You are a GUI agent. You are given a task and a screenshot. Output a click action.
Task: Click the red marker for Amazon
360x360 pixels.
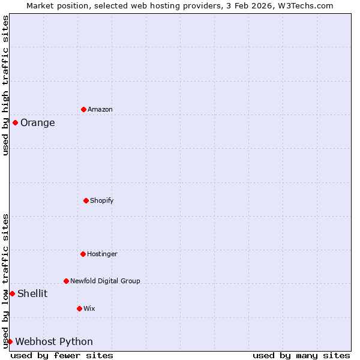(x=83, y=109)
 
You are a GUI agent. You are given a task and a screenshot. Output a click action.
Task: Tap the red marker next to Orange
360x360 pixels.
(x=15, y=122)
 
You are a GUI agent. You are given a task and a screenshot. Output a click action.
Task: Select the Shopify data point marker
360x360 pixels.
(x=86, y=200)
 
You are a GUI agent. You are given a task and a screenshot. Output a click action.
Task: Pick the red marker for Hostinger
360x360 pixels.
(x=83, y=254)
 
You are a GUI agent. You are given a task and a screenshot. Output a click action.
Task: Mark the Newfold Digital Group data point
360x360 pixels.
(x=66, y=281)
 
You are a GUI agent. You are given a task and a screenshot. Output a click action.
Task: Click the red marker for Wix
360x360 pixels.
(x=79, y=308)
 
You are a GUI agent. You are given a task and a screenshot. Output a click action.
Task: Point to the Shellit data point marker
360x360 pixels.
(x=12, y=293)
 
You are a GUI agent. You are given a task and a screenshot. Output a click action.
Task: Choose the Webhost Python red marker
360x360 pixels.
(x=10, y=341)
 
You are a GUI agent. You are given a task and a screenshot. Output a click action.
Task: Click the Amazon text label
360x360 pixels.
(x=100, y=109)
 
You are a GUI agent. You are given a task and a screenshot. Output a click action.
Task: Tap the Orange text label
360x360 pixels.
(x=37, y=123)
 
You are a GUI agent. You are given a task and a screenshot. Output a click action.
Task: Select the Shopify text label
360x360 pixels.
(x=102, y=200)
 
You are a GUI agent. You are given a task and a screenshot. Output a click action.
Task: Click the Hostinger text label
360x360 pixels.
(x=102, y=254)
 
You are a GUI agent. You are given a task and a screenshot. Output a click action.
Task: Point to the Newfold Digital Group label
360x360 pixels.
(x=105, y=281)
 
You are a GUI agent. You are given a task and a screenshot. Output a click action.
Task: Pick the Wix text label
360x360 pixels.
(x=89, y=308)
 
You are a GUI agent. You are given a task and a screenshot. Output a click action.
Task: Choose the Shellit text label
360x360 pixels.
(x=32, y=293)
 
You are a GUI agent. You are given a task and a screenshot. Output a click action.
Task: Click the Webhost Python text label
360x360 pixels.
(x=54, y=342)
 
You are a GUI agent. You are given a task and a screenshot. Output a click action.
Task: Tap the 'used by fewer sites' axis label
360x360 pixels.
(x=62, y=355)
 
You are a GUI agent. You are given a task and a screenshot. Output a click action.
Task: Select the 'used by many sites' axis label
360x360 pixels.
(x=301, y=355)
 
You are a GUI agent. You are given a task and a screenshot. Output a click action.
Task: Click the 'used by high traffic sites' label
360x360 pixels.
(x=5, y=85)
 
